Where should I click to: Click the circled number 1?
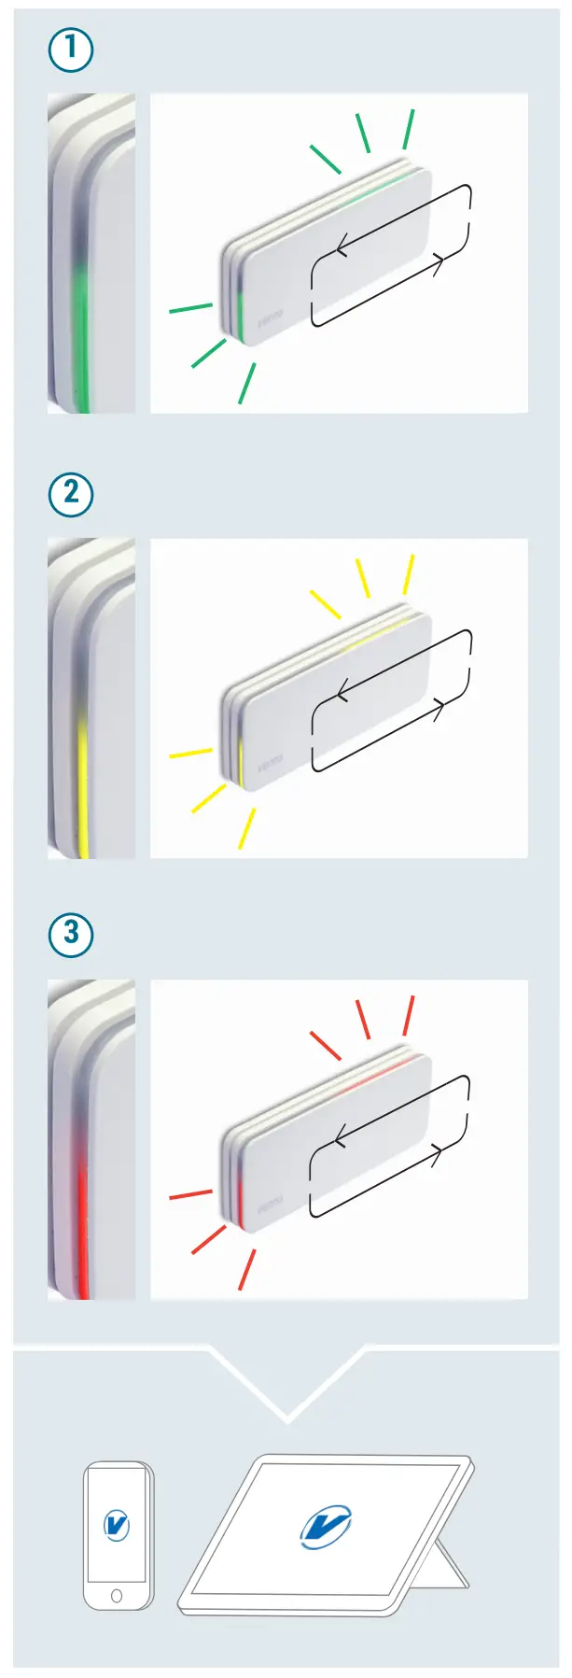point(71,50)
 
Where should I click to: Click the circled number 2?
point(71,493)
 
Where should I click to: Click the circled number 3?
point(71,934)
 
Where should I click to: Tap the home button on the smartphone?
point(117,1596)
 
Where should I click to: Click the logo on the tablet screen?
point(326,1528)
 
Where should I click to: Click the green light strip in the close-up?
point(81,336)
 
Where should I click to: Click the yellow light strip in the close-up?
point(82,784)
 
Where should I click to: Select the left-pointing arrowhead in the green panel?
point(342,248)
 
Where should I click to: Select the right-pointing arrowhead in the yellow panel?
point(438,707)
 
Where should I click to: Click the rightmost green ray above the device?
point(409,129)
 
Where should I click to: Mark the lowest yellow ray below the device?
point(246,828)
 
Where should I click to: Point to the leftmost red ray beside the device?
point(190,1194)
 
